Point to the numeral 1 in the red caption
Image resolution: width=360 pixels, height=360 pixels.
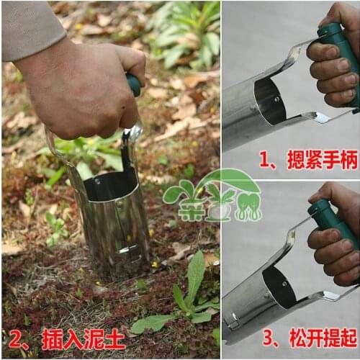click(266, 159)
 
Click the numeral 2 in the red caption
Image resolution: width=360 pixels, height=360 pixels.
click(14, 338)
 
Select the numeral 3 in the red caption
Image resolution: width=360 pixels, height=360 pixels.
click(268, 338)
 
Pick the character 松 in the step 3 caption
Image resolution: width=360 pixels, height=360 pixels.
click(296, 338)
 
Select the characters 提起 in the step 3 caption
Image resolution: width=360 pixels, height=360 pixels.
click(339, 338)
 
